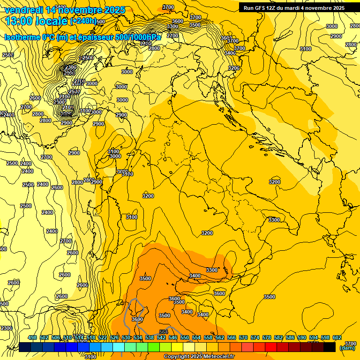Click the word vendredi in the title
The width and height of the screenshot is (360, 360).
coord(23,10)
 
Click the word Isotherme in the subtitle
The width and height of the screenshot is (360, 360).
coord(22,37)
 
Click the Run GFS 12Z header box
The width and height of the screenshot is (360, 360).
coord(294,8)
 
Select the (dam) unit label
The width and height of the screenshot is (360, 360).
coord(347,348)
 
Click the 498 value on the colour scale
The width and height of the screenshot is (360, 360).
coord(32,337)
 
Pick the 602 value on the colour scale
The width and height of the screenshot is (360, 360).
coord(337,337)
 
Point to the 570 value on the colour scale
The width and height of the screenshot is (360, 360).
coord(243,337)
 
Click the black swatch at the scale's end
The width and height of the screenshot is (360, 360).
coord(330,347)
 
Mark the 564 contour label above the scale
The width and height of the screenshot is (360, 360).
coord(163,332)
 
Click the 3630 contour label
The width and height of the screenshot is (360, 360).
coord(137,319)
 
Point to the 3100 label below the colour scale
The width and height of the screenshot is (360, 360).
coord(90,357)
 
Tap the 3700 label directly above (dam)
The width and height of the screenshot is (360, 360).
coord(350,343)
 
